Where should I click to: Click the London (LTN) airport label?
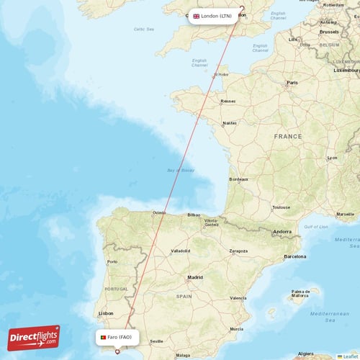pos(212,15)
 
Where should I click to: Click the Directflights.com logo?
pos(34,338)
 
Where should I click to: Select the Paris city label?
pos(292,82)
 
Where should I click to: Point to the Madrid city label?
pos(195,277)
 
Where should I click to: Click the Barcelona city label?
pos(295,256)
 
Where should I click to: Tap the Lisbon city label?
pos(106,313)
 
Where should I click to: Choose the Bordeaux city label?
pos(238,179)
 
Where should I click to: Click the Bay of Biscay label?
pos(180,171)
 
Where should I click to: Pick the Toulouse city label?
pos(282,207)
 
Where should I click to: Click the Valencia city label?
pos(238,298)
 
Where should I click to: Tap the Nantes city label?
pos(230,123)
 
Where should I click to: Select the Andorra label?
pos(282,232)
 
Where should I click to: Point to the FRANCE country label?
pos(288,136)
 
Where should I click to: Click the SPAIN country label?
pos(184,296)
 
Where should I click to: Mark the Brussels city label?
pos(329,32)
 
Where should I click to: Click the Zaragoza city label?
pos(238,251)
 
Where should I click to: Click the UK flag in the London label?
pos(196,15)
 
